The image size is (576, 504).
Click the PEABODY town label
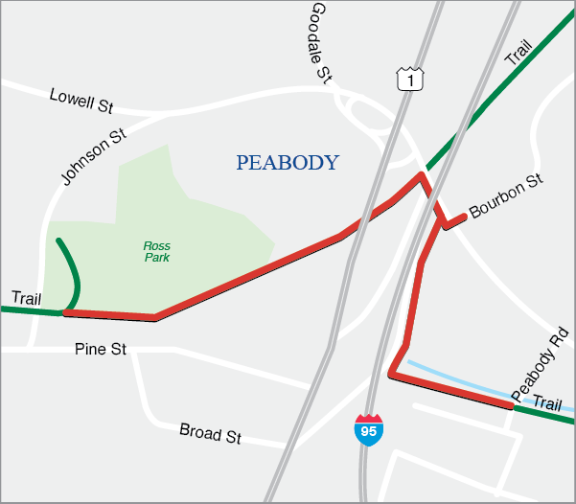point(288,162)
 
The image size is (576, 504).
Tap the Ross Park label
point(157,252)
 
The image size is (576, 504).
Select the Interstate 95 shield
point(368,428)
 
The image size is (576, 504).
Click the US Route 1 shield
point(408,80)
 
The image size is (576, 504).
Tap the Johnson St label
point(94,157)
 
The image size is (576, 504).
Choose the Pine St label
point(100,350)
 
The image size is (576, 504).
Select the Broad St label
point(210,434)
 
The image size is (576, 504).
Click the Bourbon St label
point(507,196)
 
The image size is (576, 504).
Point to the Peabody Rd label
point(541,364)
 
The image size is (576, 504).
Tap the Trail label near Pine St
point(27,297)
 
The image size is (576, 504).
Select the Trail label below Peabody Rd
point(547,403)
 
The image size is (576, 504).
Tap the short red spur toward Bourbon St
point(455,220)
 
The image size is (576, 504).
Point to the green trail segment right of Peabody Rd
point(544,414)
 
